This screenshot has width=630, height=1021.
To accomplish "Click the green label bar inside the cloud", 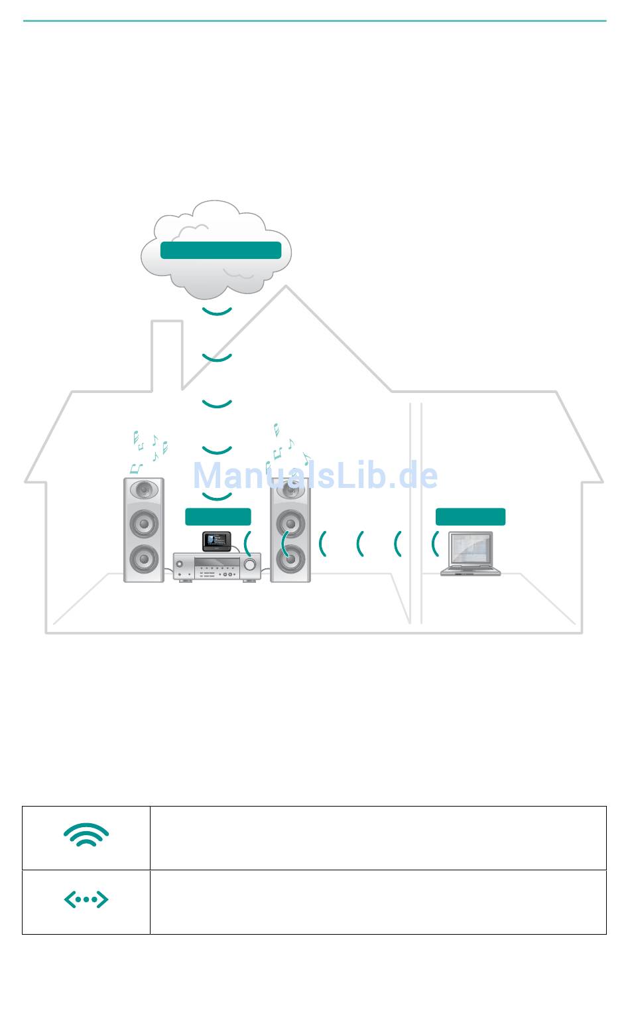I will point(221,250).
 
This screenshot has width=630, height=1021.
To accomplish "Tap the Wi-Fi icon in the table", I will point(86,835).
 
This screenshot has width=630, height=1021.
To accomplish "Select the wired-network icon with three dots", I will point(86,900).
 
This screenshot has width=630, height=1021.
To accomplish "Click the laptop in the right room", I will point(471,553).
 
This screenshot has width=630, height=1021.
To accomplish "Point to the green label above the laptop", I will point(470,516).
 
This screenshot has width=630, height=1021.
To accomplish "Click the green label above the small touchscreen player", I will point(218,516).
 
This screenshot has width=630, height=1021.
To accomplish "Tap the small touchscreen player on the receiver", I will point(217,541).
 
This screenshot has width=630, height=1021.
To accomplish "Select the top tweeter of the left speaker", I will point(144,491).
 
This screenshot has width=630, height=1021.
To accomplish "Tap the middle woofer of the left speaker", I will point(144,524).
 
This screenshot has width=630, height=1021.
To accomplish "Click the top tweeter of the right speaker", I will point(290,491).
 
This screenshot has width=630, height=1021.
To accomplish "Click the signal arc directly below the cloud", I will point(217,311).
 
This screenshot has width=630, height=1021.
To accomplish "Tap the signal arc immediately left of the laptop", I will point(435,544).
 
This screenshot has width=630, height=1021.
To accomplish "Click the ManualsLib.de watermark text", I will point(315,475).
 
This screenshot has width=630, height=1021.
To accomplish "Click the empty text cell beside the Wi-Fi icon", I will point(378,838).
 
